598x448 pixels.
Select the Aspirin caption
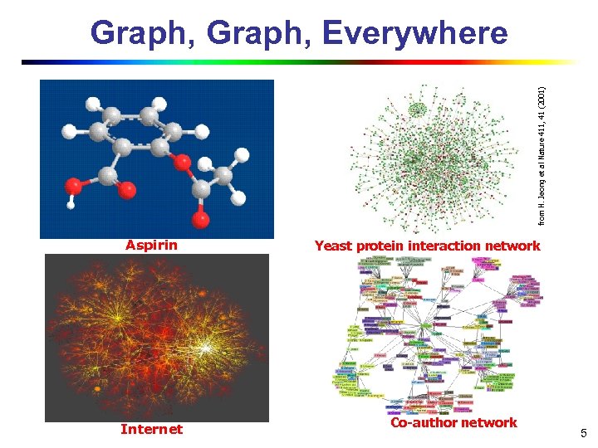(x=151, y=246)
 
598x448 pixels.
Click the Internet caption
(x=151, y=429)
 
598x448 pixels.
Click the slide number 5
(x=584, y=432)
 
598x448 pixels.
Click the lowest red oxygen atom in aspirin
(x=201, y=220)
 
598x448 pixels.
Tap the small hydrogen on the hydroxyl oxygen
(x=71, y=199)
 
